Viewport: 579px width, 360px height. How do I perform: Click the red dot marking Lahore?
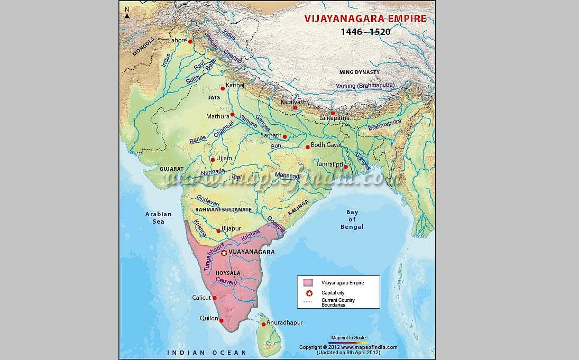click(190, 41)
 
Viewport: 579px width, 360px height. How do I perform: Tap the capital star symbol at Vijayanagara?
click(224, 253)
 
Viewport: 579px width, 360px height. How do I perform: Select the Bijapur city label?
click(231, 228)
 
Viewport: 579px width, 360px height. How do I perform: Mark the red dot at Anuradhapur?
click(263, 324)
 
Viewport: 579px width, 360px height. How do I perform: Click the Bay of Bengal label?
click(352, 219)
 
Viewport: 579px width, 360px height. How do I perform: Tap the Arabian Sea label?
click(159, 217)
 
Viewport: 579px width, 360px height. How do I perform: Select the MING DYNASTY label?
click(360, 72)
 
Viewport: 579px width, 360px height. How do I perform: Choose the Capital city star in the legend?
click(309, 292)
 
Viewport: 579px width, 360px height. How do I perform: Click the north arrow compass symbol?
click(127, 13)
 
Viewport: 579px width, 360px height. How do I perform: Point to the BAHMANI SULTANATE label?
click(223, 210)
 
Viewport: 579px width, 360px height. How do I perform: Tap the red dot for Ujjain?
click(213, 160)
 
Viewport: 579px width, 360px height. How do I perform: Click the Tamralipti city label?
click(329, 164)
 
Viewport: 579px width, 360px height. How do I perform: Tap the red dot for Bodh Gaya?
click(307, 147)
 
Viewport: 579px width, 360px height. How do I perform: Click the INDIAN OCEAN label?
click(207, 353)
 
